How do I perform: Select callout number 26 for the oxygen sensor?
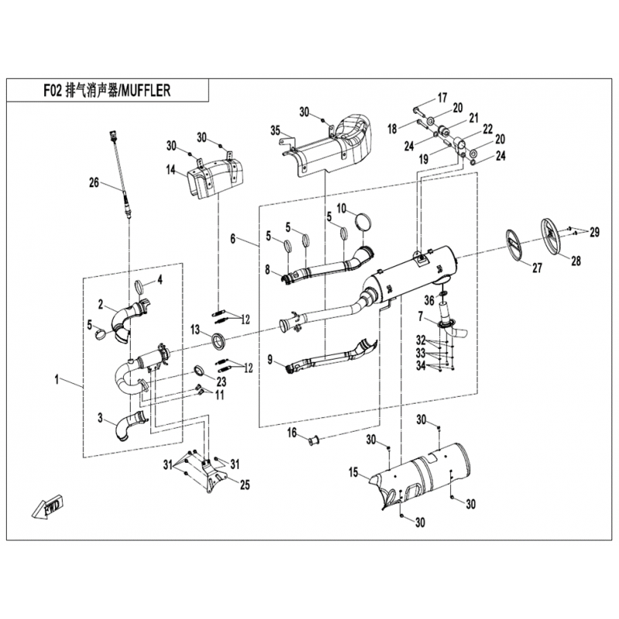[x=94, y=183]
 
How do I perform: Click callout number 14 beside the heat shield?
[x=170, y=170]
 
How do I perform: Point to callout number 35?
[x=275, y=130]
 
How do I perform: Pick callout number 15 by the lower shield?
[x=353, y=472]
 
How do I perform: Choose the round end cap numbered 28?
[x=552, y=236]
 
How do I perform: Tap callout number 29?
[x=594, y=233]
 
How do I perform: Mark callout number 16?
[x=292, y=433]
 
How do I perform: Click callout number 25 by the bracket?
[x=245, y=484]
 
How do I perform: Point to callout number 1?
[x=56, y=380]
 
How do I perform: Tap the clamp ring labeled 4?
[x=140, y=287]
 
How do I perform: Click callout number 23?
[x=221, y=381]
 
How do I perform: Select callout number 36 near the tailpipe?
[x=429, y=300]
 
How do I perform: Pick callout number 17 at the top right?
[x=442, y=97]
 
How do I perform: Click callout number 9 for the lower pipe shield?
[x=270, y=360]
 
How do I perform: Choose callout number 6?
[x=233, y=239]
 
